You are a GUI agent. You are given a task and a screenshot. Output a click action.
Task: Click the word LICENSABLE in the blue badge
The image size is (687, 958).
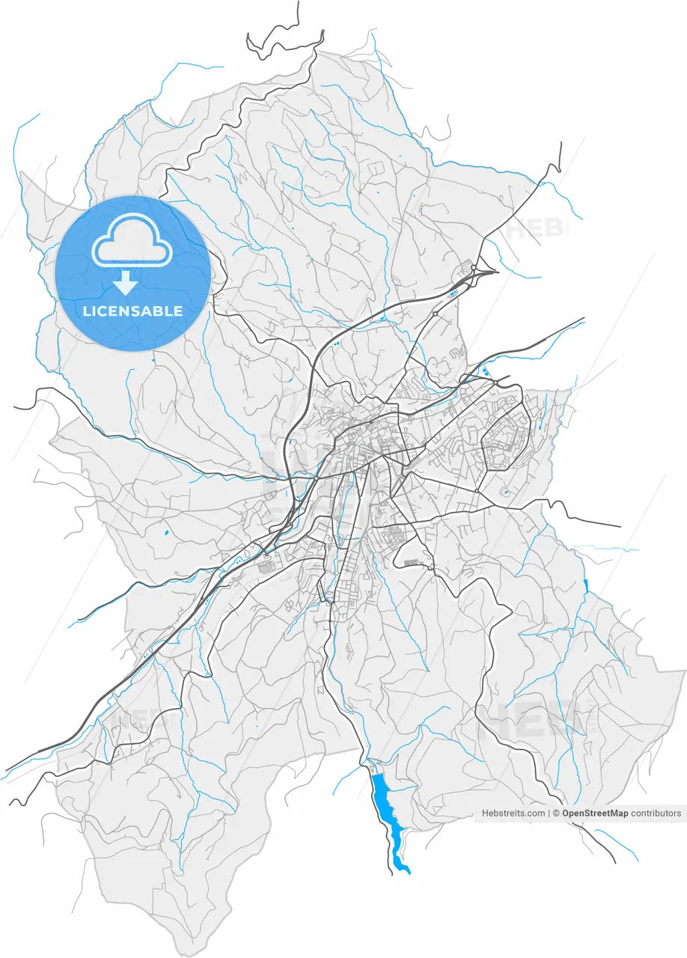132,311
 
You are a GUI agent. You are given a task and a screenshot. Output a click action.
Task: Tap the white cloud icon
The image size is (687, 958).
132,240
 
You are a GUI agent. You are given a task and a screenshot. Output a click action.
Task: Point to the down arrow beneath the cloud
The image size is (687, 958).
125,282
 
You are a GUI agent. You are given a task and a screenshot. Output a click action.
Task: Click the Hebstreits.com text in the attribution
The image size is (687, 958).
513,813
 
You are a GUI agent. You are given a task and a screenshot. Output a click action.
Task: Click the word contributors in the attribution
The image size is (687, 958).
656,813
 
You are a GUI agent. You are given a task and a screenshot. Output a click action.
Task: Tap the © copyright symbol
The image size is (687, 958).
557,813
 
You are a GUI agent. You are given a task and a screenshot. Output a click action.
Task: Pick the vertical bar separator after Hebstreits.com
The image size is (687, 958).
549,813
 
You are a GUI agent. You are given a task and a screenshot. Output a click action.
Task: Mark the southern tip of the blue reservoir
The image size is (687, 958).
408,871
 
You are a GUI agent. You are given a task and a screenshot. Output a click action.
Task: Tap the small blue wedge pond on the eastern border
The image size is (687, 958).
585,586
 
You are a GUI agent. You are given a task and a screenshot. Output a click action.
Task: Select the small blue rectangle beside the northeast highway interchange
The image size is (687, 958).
451,295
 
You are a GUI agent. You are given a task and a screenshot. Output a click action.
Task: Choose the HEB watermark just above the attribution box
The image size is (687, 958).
533,720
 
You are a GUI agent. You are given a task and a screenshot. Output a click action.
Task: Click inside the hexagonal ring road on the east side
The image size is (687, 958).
505,442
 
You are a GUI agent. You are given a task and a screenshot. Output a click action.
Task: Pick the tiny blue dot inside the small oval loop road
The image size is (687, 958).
504,492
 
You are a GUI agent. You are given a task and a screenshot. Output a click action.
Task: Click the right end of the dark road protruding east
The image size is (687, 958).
620,526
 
